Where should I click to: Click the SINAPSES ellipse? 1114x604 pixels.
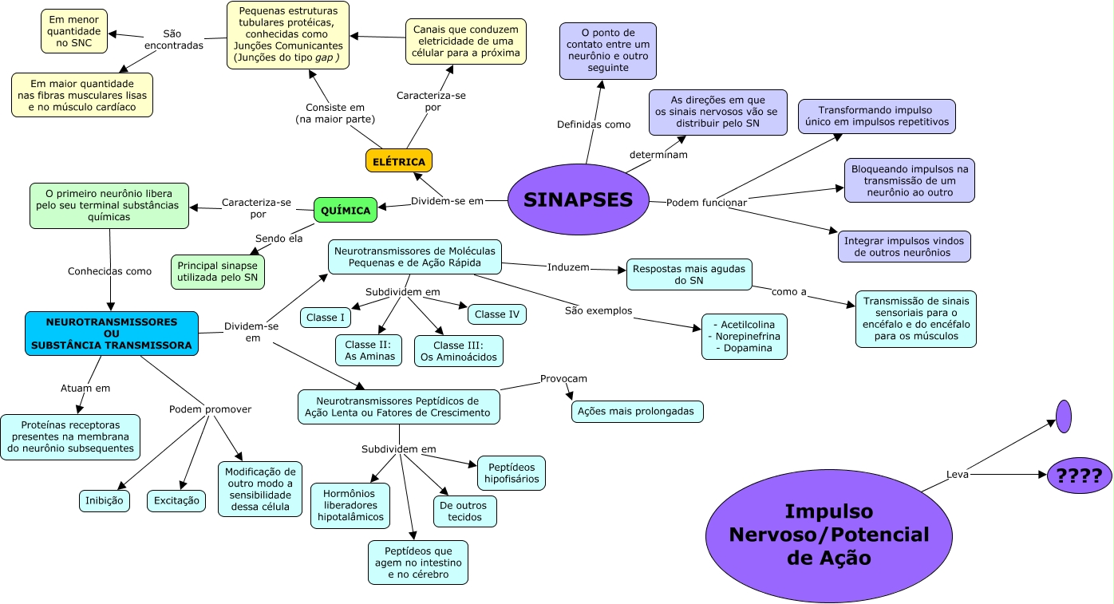point(578,199)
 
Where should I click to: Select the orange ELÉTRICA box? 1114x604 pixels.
point(399,160)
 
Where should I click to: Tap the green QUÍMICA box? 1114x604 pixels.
point(345,210)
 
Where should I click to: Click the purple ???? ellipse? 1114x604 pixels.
point(1079,476)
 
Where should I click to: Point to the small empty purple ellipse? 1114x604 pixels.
point(1063,416)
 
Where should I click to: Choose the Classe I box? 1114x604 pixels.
point(326,318)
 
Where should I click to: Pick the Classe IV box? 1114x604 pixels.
point(496,314)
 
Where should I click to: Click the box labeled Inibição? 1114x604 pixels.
point(105,501)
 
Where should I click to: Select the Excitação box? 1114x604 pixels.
point(176,501)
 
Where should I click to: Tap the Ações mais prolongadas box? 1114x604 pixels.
point(637,412)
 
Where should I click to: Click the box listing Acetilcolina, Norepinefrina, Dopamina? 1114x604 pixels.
point(744,337)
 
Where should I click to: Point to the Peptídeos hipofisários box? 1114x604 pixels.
point(511,472)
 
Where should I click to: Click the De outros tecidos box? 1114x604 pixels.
point(464,511)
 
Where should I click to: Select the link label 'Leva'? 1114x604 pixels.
point(957,474)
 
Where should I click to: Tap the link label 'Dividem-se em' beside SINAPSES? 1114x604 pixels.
point(447,201)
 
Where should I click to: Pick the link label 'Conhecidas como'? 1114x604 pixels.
point(109,271)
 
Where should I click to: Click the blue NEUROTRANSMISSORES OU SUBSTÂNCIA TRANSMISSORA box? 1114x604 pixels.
point(112,334)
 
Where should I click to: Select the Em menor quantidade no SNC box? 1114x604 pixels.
point(74,31)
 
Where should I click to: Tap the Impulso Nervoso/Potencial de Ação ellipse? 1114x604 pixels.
point(829,535)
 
